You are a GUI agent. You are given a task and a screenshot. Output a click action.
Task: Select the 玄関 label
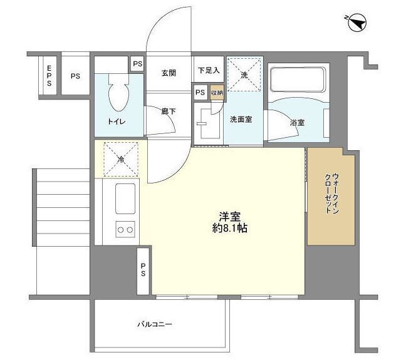pos(169,73)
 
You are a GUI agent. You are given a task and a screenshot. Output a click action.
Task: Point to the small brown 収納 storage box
pos(216,93)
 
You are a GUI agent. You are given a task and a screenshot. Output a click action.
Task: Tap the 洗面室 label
pos(240,120)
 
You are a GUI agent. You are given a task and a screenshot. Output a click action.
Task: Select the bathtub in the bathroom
pos(298,80)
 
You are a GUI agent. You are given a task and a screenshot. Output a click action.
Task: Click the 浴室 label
pos(297,123)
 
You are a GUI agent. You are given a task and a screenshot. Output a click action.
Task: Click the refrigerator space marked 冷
pos(120,158)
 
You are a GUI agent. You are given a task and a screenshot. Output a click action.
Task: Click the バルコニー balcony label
pos(155,325)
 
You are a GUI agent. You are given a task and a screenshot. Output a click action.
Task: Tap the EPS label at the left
pos(48,76)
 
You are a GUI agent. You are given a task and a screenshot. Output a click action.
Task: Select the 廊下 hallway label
pos(167,111)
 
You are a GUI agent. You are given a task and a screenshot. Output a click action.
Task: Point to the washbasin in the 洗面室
pos(204,123)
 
